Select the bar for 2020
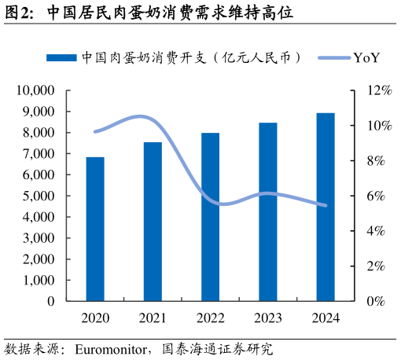[95, 229]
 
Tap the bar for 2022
[210, 217]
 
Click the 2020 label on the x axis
[95, 318]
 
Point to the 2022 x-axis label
[210, 318]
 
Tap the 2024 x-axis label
[326, 318]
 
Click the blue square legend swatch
[61, 58]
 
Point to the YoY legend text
[366, 58]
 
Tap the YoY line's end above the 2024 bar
[326, 206]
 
